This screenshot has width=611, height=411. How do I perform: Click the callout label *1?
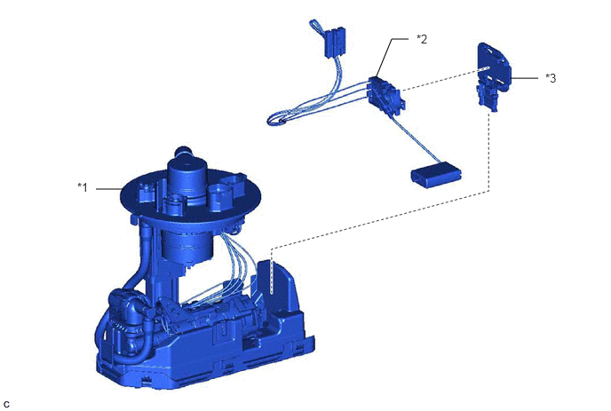83,187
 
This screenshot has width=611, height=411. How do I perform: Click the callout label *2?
422,39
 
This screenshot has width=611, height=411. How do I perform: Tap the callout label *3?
551,78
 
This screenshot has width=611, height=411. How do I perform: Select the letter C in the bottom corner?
6,405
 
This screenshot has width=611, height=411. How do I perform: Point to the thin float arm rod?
414,139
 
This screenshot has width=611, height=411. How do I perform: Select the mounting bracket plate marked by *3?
493,76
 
